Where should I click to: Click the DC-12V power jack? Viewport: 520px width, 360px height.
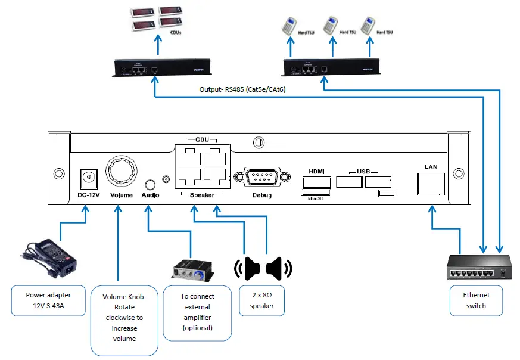pyautogui.click(x=89, y=178)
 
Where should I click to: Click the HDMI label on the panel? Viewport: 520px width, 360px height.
pyautogui.click(x=316, y=172)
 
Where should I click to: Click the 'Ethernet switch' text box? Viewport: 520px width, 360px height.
pyautogui.click(x=476, y=300)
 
